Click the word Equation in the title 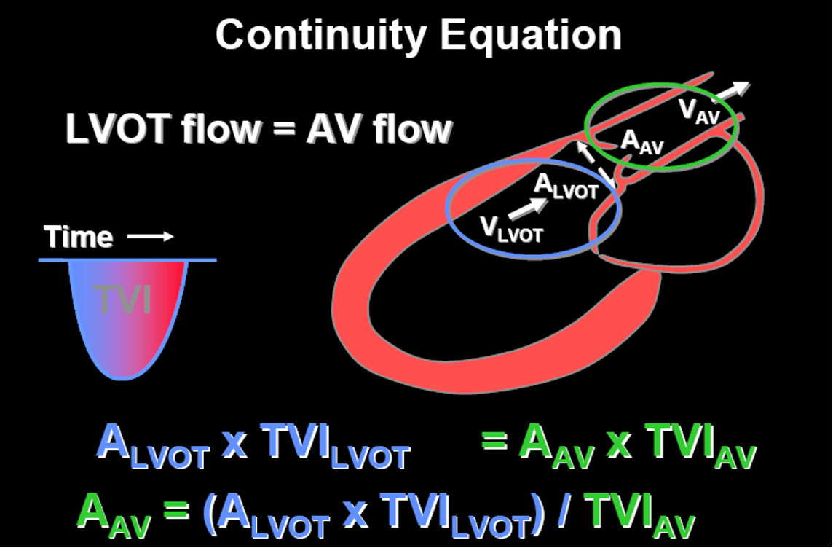pyautogui.click(x=531, y=34)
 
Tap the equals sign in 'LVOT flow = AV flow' pyautogui.click(x=284, y=129)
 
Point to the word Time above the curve pyautogui.click(x=79, y=237)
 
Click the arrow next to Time pyautogui.click(x=151, y=237)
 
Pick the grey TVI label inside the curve pyautogui.click(x=123, y=300)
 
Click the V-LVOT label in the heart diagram pyautogui.click(x=512, y=229)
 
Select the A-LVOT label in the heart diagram pyautogui.click(x=566, y=186)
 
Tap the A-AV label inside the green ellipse pyautogui.click(x=642, y=142)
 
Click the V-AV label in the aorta pyautogui.click(x=699, y=111)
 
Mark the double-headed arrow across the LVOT pyautogui.click(x=596, y=164)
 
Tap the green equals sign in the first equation pyautogui.click(x=494, y=441)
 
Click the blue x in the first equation pyautogui.click(x=234, y=445)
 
